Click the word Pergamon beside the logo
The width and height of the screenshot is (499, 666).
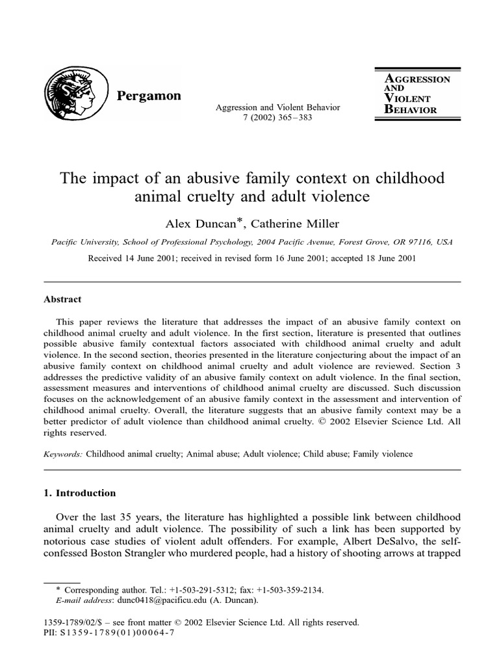[x=149, y=95]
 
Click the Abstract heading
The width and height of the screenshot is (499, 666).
[x=62, y=300]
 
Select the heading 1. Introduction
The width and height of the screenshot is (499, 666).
[x=79, y=493]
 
